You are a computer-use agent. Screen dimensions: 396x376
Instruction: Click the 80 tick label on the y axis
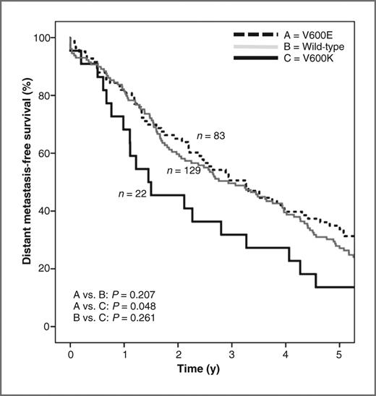click(46, 95)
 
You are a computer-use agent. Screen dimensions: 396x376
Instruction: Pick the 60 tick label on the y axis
click(46, 153)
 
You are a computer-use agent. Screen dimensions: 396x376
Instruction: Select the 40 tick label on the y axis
click(46, 211)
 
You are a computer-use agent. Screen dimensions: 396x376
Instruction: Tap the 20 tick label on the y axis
click(46, 269)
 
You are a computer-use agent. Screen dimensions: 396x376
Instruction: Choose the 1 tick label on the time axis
click(124, 356)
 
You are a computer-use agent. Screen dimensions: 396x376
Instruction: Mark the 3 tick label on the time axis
click(232, 356)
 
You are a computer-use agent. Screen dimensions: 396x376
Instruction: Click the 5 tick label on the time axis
click(340, 356)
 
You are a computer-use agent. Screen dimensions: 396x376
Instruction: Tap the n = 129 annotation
click(181, 171)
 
